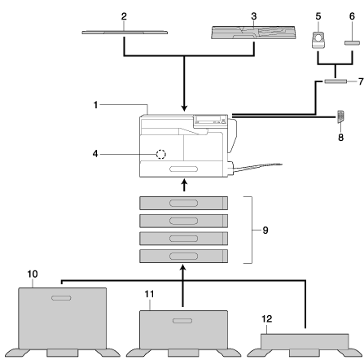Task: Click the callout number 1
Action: point(95,105)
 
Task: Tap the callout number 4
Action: point(95,154)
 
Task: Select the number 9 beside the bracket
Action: point(265,230)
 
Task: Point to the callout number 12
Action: point(267,318)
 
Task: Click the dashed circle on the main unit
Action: point(161,154)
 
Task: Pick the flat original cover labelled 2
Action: point(125,33)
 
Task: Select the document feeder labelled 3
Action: point(253,33)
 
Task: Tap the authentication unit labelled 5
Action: point(318,40)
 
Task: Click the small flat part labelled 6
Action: point(352,43)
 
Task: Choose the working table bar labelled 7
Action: point(335,81)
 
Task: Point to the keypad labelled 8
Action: point(340,116)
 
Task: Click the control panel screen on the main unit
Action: point(208,119)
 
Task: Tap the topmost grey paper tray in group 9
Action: point(183,203)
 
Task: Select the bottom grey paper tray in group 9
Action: point(183,256)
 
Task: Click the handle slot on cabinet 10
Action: point(61,298)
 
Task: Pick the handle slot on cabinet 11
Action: point(182,321)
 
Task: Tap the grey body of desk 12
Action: point(305,341)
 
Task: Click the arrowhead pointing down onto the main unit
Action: point(184,108)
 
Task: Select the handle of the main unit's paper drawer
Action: point(183,169)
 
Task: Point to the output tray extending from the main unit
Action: point(257,167)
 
